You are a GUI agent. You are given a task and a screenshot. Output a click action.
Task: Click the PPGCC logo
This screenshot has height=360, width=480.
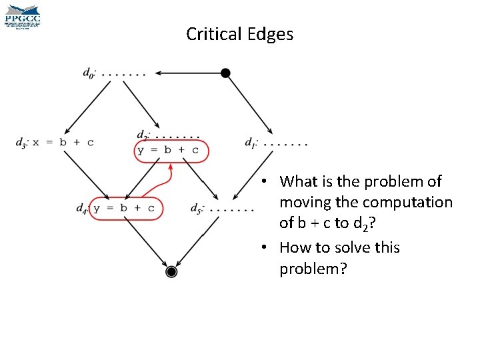click(23, 16)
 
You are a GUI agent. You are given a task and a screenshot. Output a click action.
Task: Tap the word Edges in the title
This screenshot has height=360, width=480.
click(270, 35)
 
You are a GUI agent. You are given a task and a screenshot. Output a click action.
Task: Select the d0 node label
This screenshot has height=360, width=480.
click(89, 73)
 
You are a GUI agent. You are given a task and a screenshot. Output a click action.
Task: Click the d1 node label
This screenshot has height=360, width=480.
click(251, 142)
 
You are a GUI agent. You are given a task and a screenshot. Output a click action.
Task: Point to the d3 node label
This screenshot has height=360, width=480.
click(21, 142)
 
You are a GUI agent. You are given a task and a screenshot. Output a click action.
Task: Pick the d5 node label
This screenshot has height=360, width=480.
click(197, 208)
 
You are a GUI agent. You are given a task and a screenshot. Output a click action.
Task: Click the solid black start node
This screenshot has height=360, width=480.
click(226, 73)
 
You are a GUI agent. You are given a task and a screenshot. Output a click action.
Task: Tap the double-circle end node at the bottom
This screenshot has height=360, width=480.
click(171, 271)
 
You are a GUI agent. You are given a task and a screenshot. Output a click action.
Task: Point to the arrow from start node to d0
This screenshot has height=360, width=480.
click(190, 73)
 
